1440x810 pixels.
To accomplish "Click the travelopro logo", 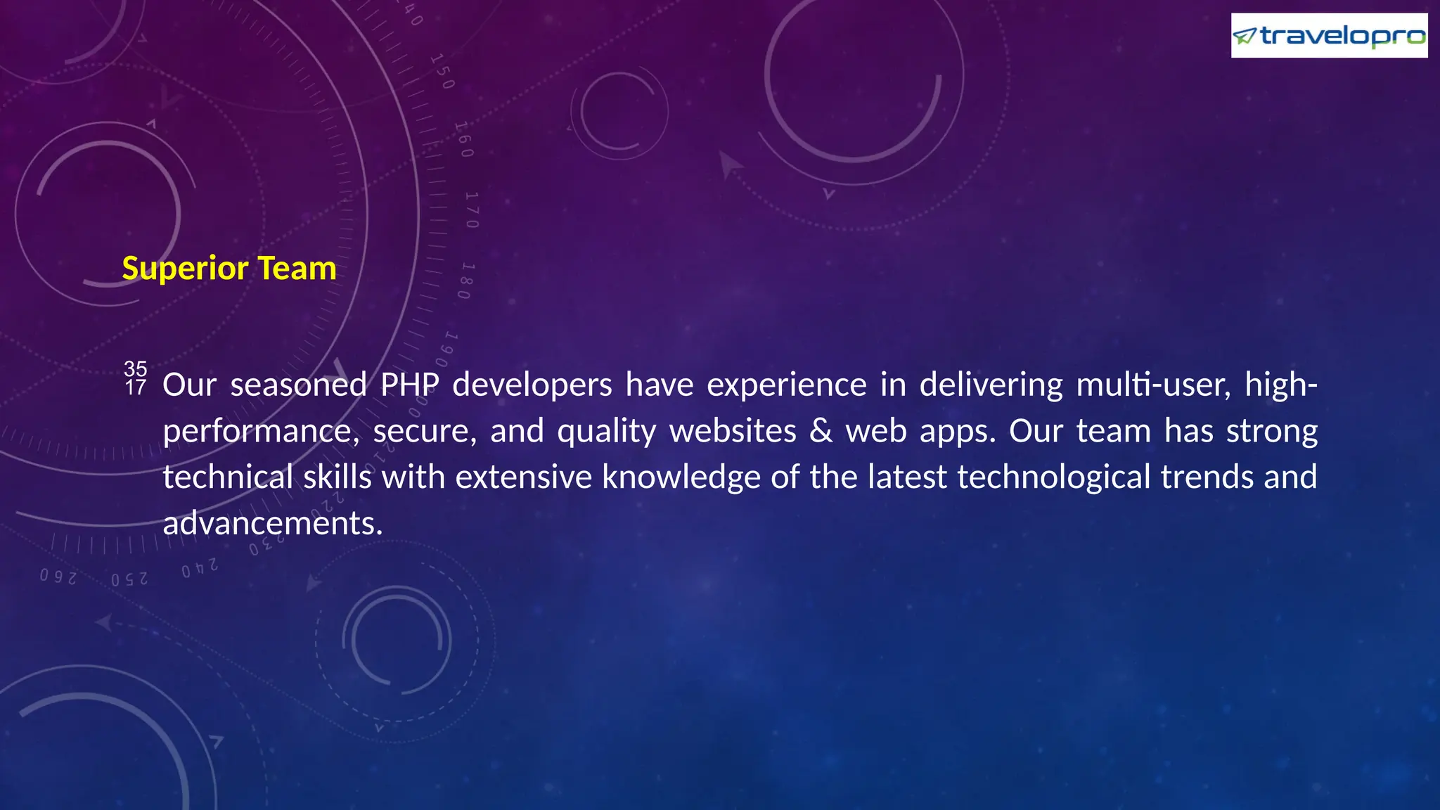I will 1329,35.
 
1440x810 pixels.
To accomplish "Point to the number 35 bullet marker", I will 135,368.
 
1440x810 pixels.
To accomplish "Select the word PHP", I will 410,385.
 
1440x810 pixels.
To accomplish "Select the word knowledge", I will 681,477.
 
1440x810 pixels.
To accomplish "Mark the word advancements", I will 273,524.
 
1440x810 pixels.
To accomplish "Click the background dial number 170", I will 471,210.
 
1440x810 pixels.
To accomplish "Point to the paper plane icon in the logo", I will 1245,36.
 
